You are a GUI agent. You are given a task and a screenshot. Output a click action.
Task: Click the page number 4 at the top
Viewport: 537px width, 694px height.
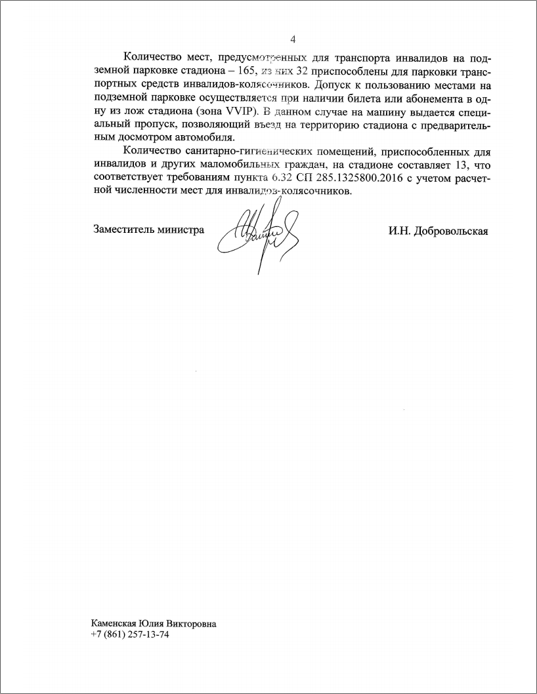[293, 39]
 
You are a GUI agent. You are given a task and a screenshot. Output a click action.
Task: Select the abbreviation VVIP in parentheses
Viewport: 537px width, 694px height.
[239, 111]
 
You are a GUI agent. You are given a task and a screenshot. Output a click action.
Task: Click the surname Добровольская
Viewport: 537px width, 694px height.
[448, 232]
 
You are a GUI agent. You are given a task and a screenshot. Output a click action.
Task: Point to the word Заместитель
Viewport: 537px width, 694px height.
[124, 230]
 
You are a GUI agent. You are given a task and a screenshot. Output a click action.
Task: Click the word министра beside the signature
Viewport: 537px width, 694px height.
[181, 230]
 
